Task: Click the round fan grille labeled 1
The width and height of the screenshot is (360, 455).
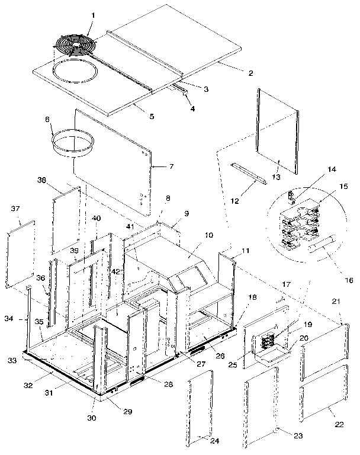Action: [x=76, y=45]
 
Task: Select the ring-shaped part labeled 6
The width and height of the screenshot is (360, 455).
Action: [x=76, y=144]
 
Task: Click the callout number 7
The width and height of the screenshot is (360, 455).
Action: [x=172, y=166]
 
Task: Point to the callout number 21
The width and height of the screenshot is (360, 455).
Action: [x=336, y=302]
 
